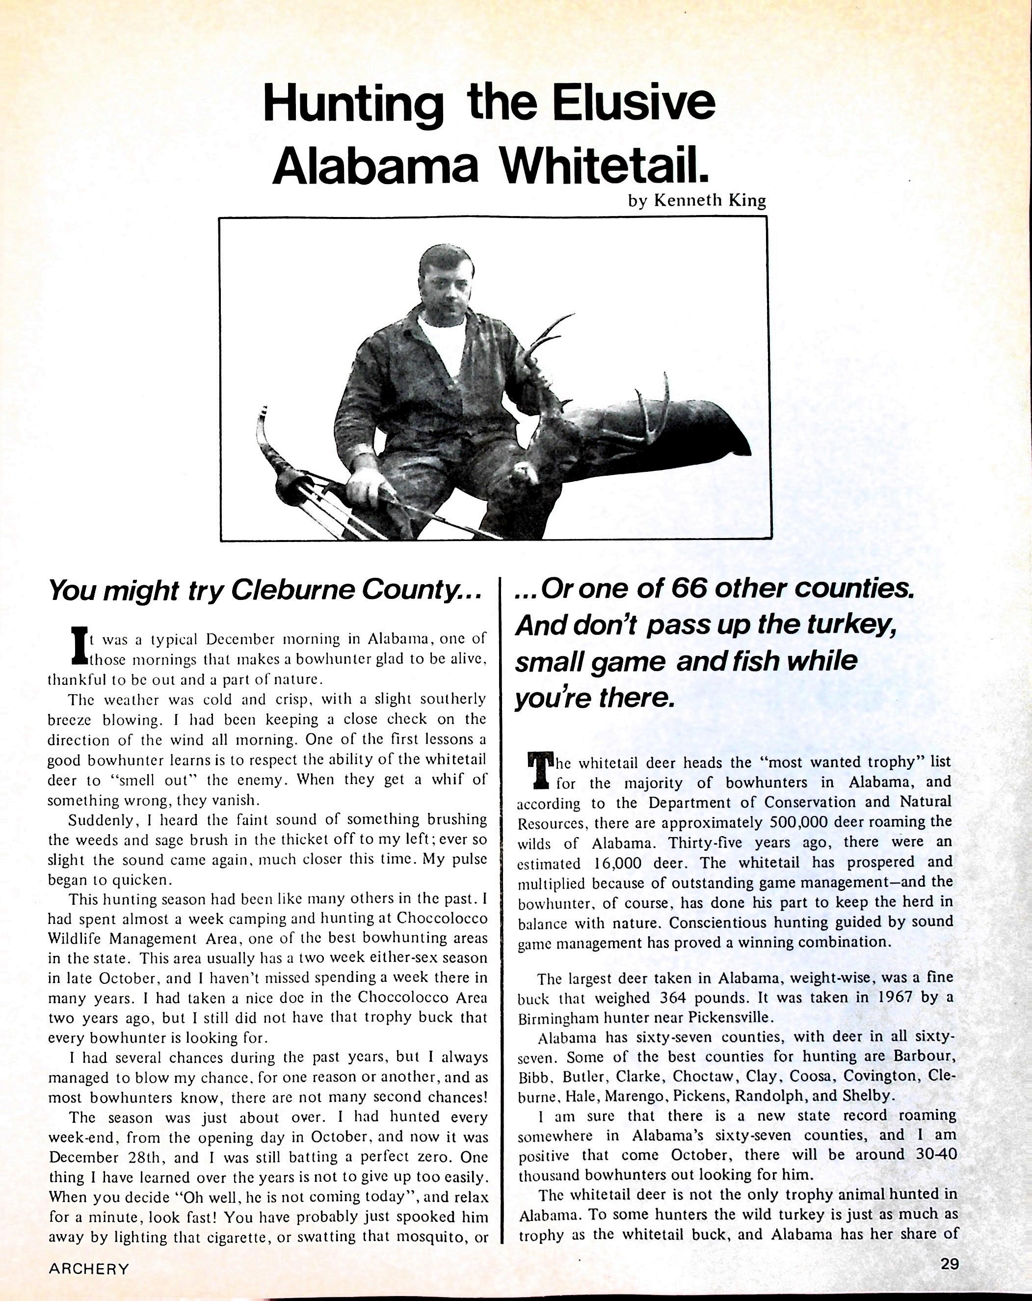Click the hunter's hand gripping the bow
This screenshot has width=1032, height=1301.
point(368,486)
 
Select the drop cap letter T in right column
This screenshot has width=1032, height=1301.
point(539,771)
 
